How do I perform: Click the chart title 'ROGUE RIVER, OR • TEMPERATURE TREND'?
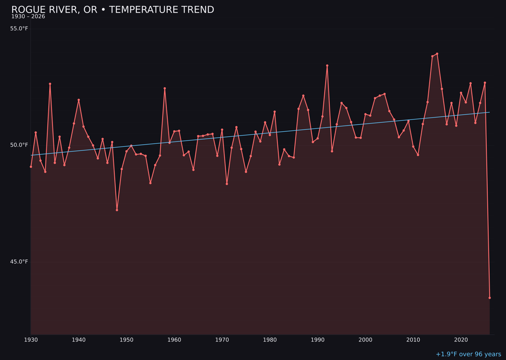tap(112, 10)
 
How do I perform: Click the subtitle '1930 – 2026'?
tap(28, 17)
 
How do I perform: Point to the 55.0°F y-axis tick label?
tap(19, 29)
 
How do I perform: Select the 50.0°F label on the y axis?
tap(19, 145)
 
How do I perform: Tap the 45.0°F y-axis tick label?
tap(19, 262)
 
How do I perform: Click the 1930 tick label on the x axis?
tap(31, 340)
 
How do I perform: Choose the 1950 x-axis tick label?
tap(126, 340)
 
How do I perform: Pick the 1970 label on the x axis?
tap(222, 340)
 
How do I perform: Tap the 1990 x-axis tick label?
tap(318, 340)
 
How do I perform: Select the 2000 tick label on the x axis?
tap(365, 340)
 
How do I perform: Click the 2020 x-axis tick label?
tap(461, 340)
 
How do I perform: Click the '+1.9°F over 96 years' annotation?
tap(468, 354)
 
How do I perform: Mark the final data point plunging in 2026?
tap(490, 298)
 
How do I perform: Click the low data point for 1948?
tap(117, 210)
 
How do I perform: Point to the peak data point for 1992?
tap(327, 66)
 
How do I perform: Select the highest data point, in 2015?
tap(437, 54)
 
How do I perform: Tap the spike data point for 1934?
tap(50, 84)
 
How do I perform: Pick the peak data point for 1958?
tap(164, 88)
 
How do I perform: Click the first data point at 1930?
tap(31, 167)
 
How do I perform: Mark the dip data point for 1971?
tap(227, 184)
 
